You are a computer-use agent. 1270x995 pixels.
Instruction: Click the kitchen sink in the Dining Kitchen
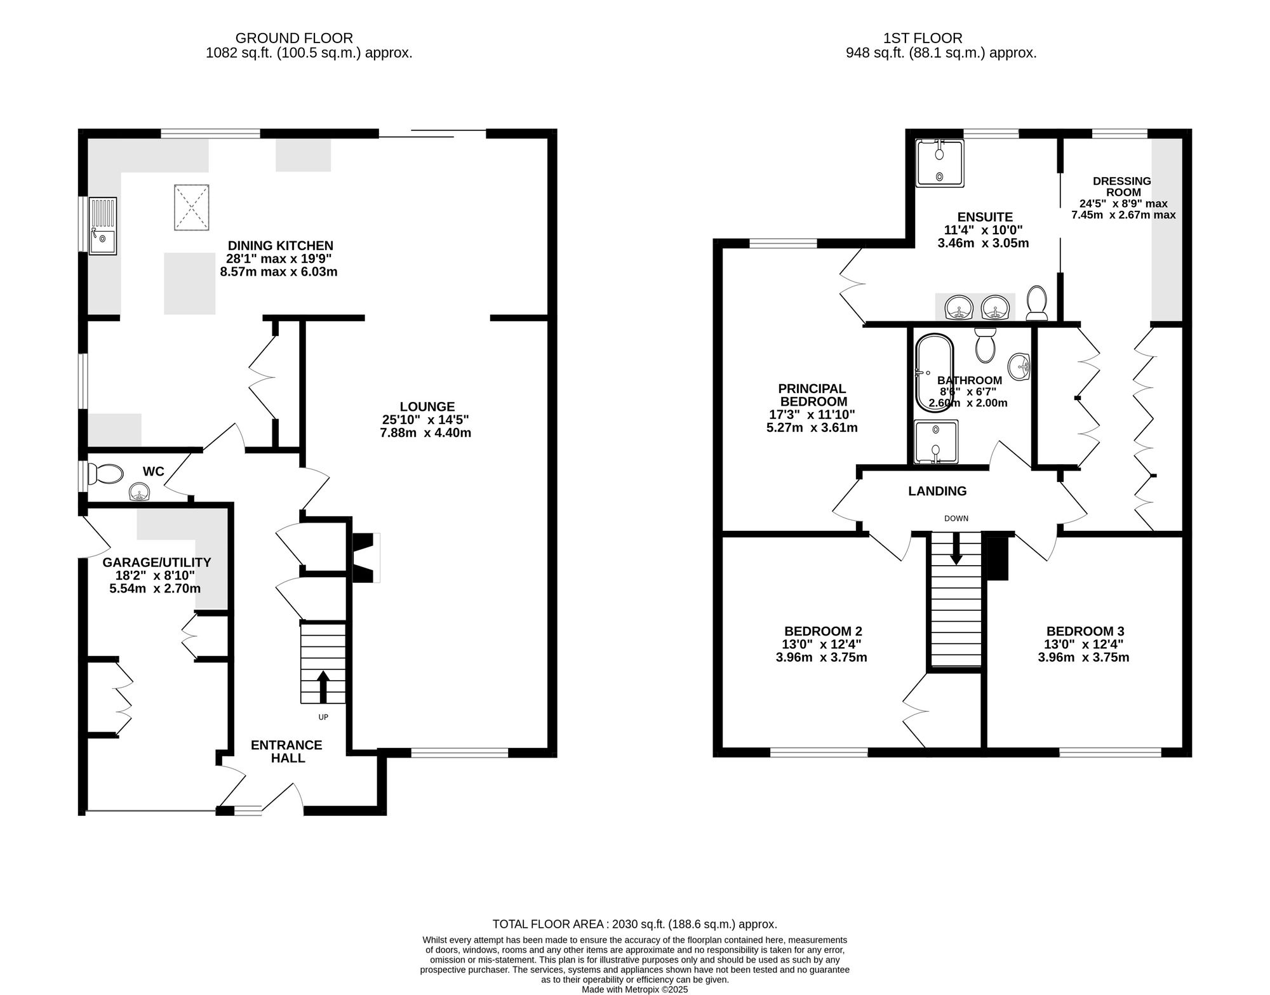pyautogui.click(x=103, y=226)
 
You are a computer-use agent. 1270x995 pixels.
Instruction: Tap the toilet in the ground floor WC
pyautogui.click(x=105, y=474)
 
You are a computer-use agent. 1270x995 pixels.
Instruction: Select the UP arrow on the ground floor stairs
pyautogui.click(x=323, y=686)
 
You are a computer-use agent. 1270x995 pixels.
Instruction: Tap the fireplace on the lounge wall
pyautogui.click(x=365, y=558)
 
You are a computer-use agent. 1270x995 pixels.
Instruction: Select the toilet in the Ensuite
pyautogui.click(x=1037, y=304)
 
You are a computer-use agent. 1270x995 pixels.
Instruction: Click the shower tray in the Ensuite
pyautogui.click(x=940, y=163)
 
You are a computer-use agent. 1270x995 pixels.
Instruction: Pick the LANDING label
pyautogui.click(x=937, y=491)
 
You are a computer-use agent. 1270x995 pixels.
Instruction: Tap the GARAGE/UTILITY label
pyautogui.click(x=156, y=562)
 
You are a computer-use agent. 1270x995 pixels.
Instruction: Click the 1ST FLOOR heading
pyautogui.click(x=940, y=38)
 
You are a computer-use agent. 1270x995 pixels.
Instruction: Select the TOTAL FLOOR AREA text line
pyautogui.click(x=634, y=924)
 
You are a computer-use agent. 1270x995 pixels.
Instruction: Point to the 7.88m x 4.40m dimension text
pyautogui.click(x=425, y=433)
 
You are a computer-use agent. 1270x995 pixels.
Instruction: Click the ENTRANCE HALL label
pyautogui.click(x=286, y=751)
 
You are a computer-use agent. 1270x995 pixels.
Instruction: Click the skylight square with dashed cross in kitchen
pyautogui.click(x=191, y=208)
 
